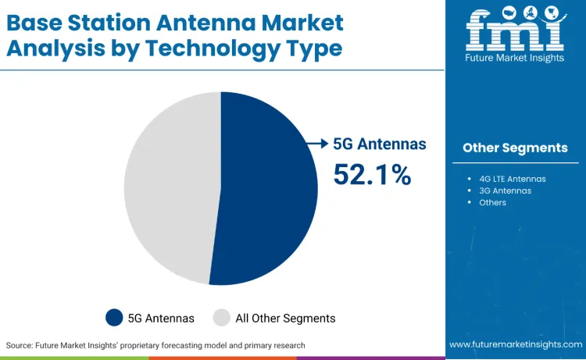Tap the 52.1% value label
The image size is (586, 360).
click(x=372, y=174)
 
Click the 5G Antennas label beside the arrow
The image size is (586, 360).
click(x=380, y=144)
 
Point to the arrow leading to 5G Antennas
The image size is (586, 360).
click(x=316, y=143)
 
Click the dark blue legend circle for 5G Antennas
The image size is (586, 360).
click(x=114, y=317)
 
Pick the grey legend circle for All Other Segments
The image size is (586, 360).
click(x=222, y=317)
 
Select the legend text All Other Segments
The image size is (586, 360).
click(x=285, y=318)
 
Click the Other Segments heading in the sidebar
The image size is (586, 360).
click(x=515, y=148)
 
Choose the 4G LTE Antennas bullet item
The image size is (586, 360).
click(x=512, y=179)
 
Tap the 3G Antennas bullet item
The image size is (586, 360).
click(x=505, y=191)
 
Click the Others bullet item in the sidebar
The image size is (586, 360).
click(x=492, y=202)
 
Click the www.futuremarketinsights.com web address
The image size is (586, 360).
click(x=515, y=344)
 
